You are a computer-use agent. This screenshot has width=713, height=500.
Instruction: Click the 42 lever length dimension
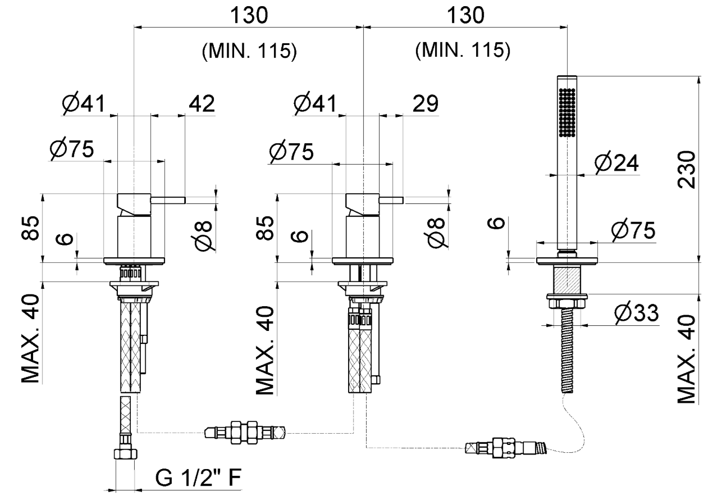tap(200, 103)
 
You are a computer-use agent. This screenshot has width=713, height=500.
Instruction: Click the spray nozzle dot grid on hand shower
tap(569, 112)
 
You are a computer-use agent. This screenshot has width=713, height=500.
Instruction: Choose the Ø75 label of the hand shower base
tap(633, 231)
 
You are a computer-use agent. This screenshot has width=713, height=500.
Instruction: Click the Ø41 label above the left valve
tap(84, 103)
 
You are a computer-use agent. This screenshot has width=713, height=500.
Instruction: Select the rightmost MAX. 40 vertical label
tap(687, 360)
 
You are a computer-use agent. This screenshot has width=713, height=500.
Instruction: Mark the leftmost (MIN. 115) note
tap(248, 52)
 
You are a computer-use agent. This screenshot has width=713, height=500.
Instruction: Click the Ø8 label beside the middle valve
tap(437, 230)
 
